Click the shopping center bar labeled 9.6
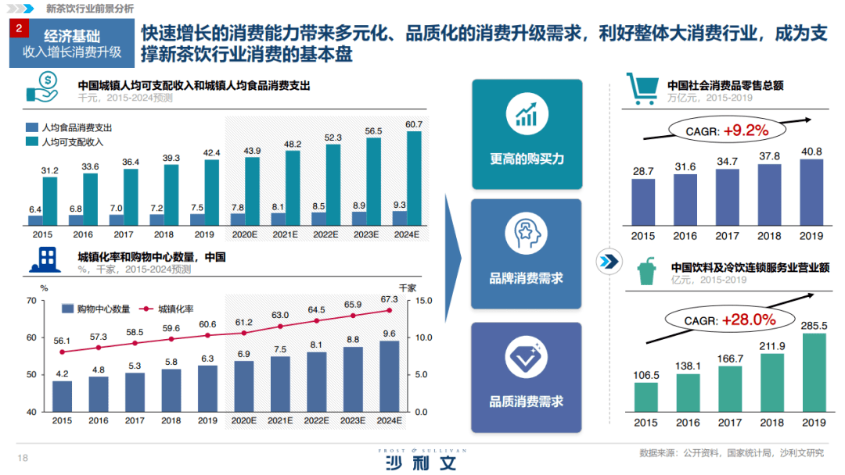pyautogui.click(x=388, y=376)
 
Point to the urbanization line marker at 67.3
pyautogui.click(x=388, y=310)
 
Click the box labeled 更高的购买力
pyautogui.click(x=527, y=134)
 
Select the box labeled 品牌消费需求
pyautogui.click(x=526, y=254)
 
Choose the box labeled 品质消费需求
pyautogui.click(x=526, y=377)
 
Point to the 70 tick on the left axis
pyautogui.click(x=31, y=301)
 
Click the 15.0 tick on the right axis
pyautogui.click(x=423, y=301)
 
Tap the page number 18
pyautogui.click(x=23, y=459)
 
